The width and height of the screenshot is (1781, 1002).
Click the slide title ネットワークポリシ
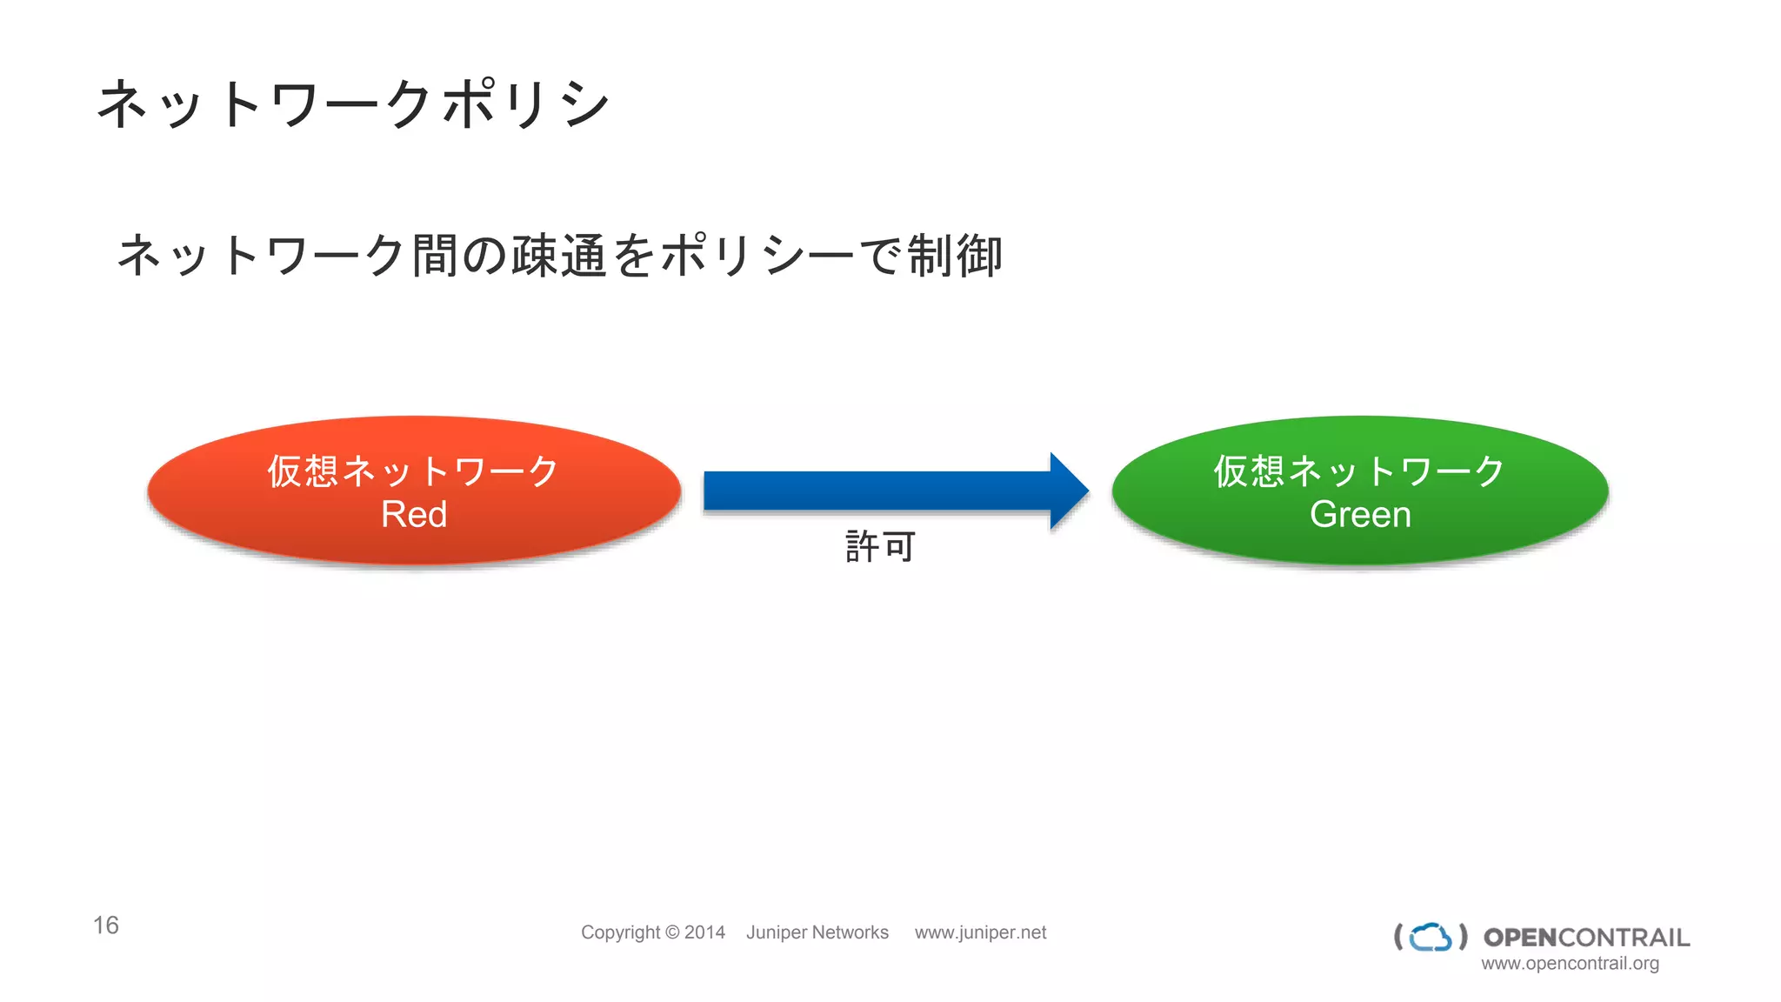point(352,104)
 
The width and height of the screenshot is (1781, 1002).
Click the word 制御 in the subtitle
point(955,257)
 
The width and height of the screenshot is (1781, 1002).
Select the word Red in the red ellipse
point(414,514)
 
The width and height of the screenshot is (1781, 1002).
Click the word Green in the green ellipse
point(1360,514)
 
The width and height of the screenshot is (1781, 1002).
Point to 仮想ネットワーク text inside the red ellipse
point(413,471)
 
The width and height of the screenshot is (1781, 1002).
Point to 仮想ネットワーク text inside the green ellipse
point(1359,471)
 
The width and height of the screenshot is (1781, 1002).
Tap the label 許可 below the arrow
point(880,547)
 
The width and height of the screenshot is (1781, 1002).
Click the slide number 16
point(106,925)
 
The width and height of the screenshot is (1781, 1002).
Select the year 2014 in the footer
point(704,932)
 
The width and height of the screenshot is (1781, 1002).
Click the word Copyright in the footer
point(620,932)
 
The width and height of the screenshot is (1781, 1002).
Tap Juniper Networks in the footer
point(817,932)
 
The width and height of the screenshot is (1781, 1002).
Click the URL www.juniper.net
point(980,932)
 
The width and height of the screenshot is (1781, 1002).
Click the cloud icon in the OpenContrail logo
point(1431,937)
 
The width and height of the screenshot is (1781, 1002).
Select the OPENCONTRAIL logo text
point(1586,938)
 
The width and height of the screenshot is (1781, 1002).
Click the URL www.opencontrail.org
point(1570,964)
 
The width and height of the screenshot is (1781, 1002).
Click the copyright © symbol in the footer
point(672,932)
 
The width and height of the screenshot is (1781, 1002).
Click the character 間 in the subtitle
point(435,257)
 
